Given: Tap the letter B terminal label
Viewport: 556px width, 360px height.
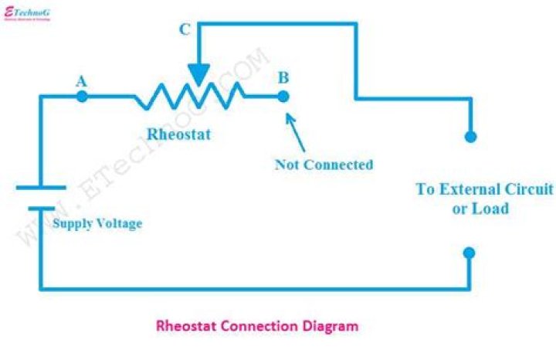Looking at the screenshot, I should pyautogui.click(x=283, y=77).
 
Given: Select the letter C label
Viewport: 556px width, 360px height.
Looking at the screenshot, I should pyautogui.click(x=185, y=30).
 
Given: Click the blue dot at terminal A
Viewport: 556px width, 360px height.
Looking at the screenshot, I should pyautogui.click(x=83, y=97).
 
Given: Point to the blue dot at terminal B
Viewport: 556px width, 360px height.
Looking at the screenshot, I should pyautogui.click(x=283, y=97).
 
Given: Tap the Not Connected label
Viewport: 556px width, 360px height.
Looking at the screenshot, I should pyautogui.click(x=324, y=165).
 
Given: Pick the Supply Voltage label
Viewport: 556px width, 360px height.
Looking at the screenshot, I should pyautogui.click(x=97, y=224).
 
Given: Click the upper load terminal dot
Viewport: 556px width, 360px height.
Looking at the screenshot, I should pyautogui.click(x=470, y=137).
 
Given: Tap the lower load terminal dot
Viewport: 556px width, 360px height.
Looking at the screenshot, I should pyautogui.click(x=470, y=253).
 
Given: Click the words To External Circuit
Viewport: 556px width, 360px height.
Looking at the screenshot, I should pyautogui.click(x=484, y=189).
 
